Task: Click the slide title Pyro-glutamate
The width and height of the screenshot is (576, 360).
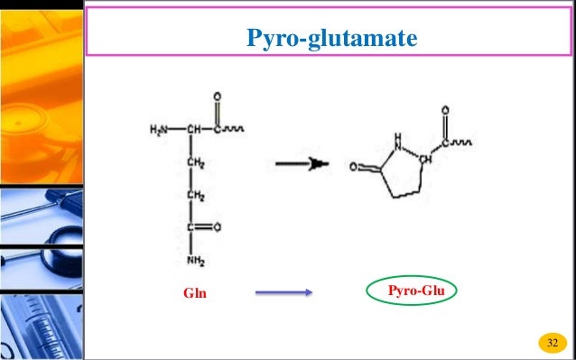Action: pos(332,40)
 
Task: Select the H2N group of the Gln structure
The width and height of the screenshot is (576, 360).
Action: pos(160,129)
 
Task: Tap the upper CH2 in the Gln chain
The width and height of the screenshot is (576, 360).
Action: pos(195,162)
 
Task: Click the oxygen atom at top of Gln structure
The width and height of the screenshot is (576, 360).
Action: pos(218,96)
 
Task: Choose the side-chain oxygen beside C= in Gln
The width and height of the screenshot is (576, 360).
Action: pos(219,227)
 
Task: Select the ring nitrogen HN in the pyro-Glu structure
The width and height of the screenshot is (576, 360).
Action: pos(397,141)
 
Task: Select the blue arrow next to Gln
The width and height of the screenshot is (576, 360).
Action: pos(283,292)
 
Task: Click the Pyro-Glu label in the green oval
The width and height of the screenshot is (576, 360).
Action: pos(412,291)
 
